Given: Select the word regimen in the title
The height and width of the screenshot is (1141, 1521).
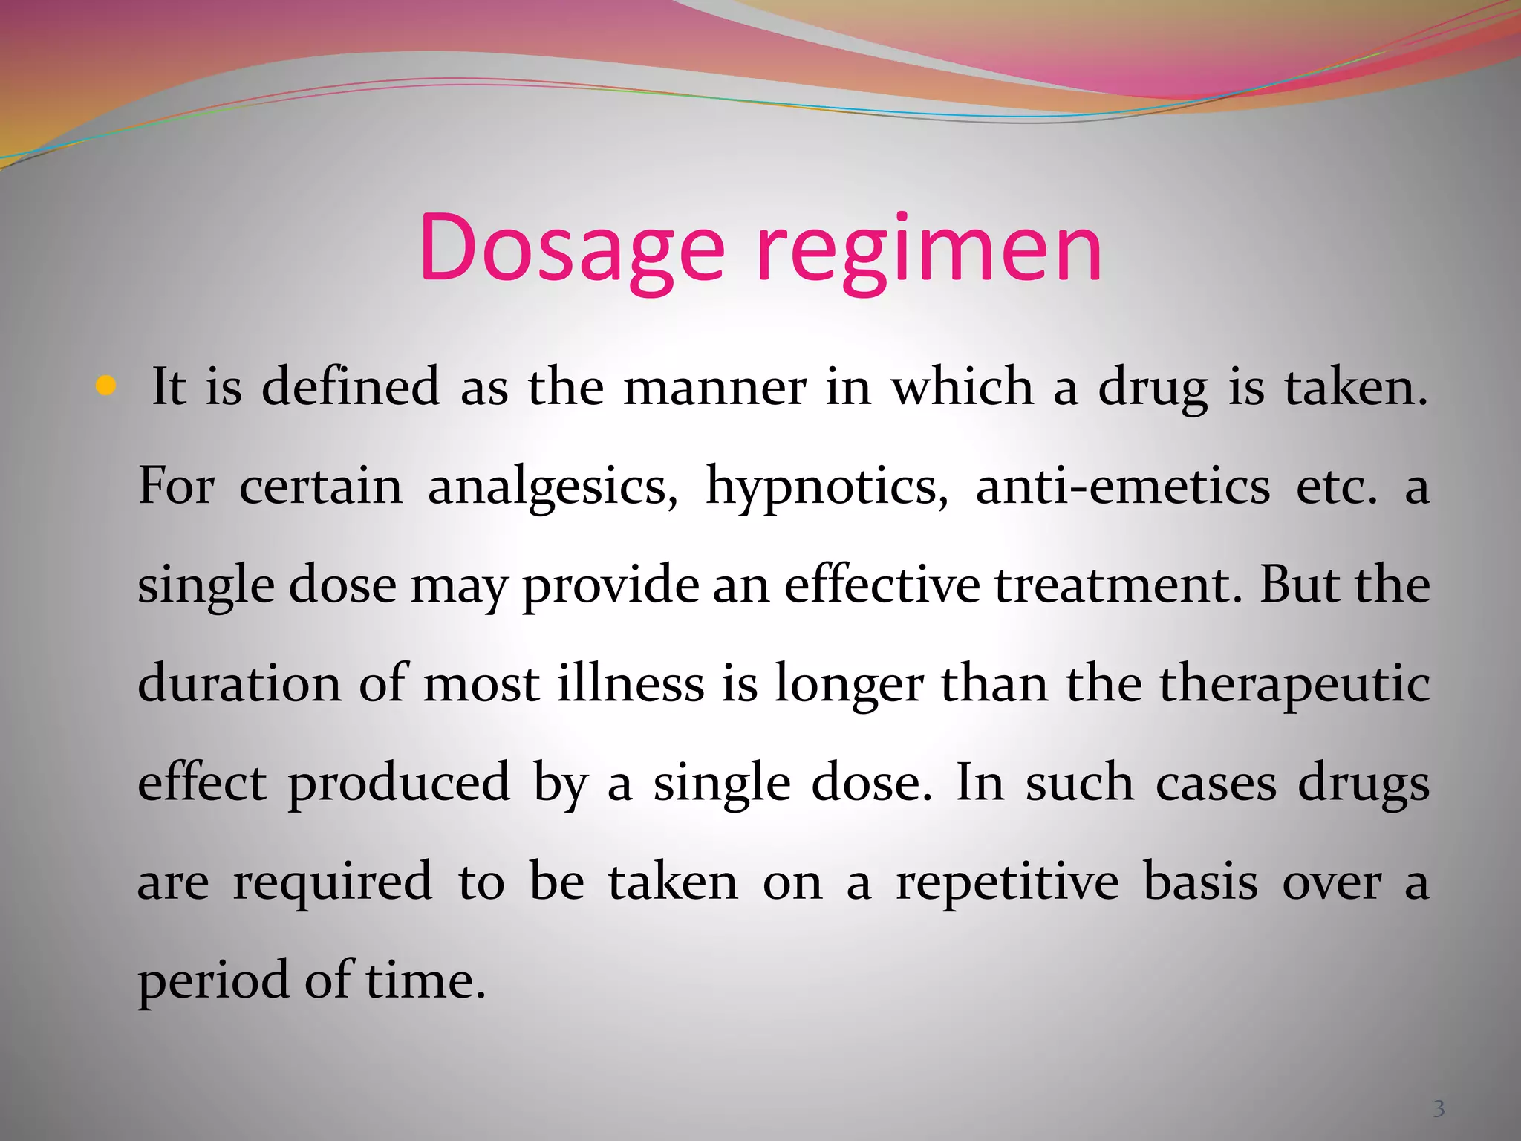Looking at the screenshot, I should (929, 249).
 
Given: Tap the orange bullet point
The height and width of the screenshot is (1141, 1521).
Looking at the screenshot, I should (107, 386).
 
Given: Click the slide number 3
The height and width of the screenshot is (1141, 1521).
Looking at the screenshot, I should (1439, 1109).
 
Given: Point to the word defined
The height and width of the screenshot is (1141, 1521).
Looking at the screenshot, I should (351, 387).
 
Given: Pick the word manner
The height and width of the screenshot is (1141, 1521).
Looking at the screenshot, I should (714, 387).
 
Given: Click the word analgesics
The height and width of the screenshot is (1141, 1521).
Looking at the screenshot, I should (553, 487).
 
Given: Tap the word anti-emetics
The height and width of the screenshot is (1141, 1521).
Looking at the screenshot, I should (1122, 487).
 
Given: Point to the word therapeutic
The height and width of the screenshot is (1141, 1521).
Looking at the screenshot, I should (1294, 685).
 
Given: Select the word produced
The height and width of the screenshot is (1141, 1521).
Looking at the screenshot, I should (399, 784).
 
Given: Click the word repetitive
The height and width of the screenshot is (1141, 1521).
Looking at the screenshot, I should (1007, 882).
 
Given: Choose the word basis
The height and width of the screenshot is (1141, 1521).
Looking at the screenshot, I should (1200, 882).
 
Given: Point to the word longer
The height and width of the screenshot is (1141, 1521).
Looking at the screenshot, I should (849, 685).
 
